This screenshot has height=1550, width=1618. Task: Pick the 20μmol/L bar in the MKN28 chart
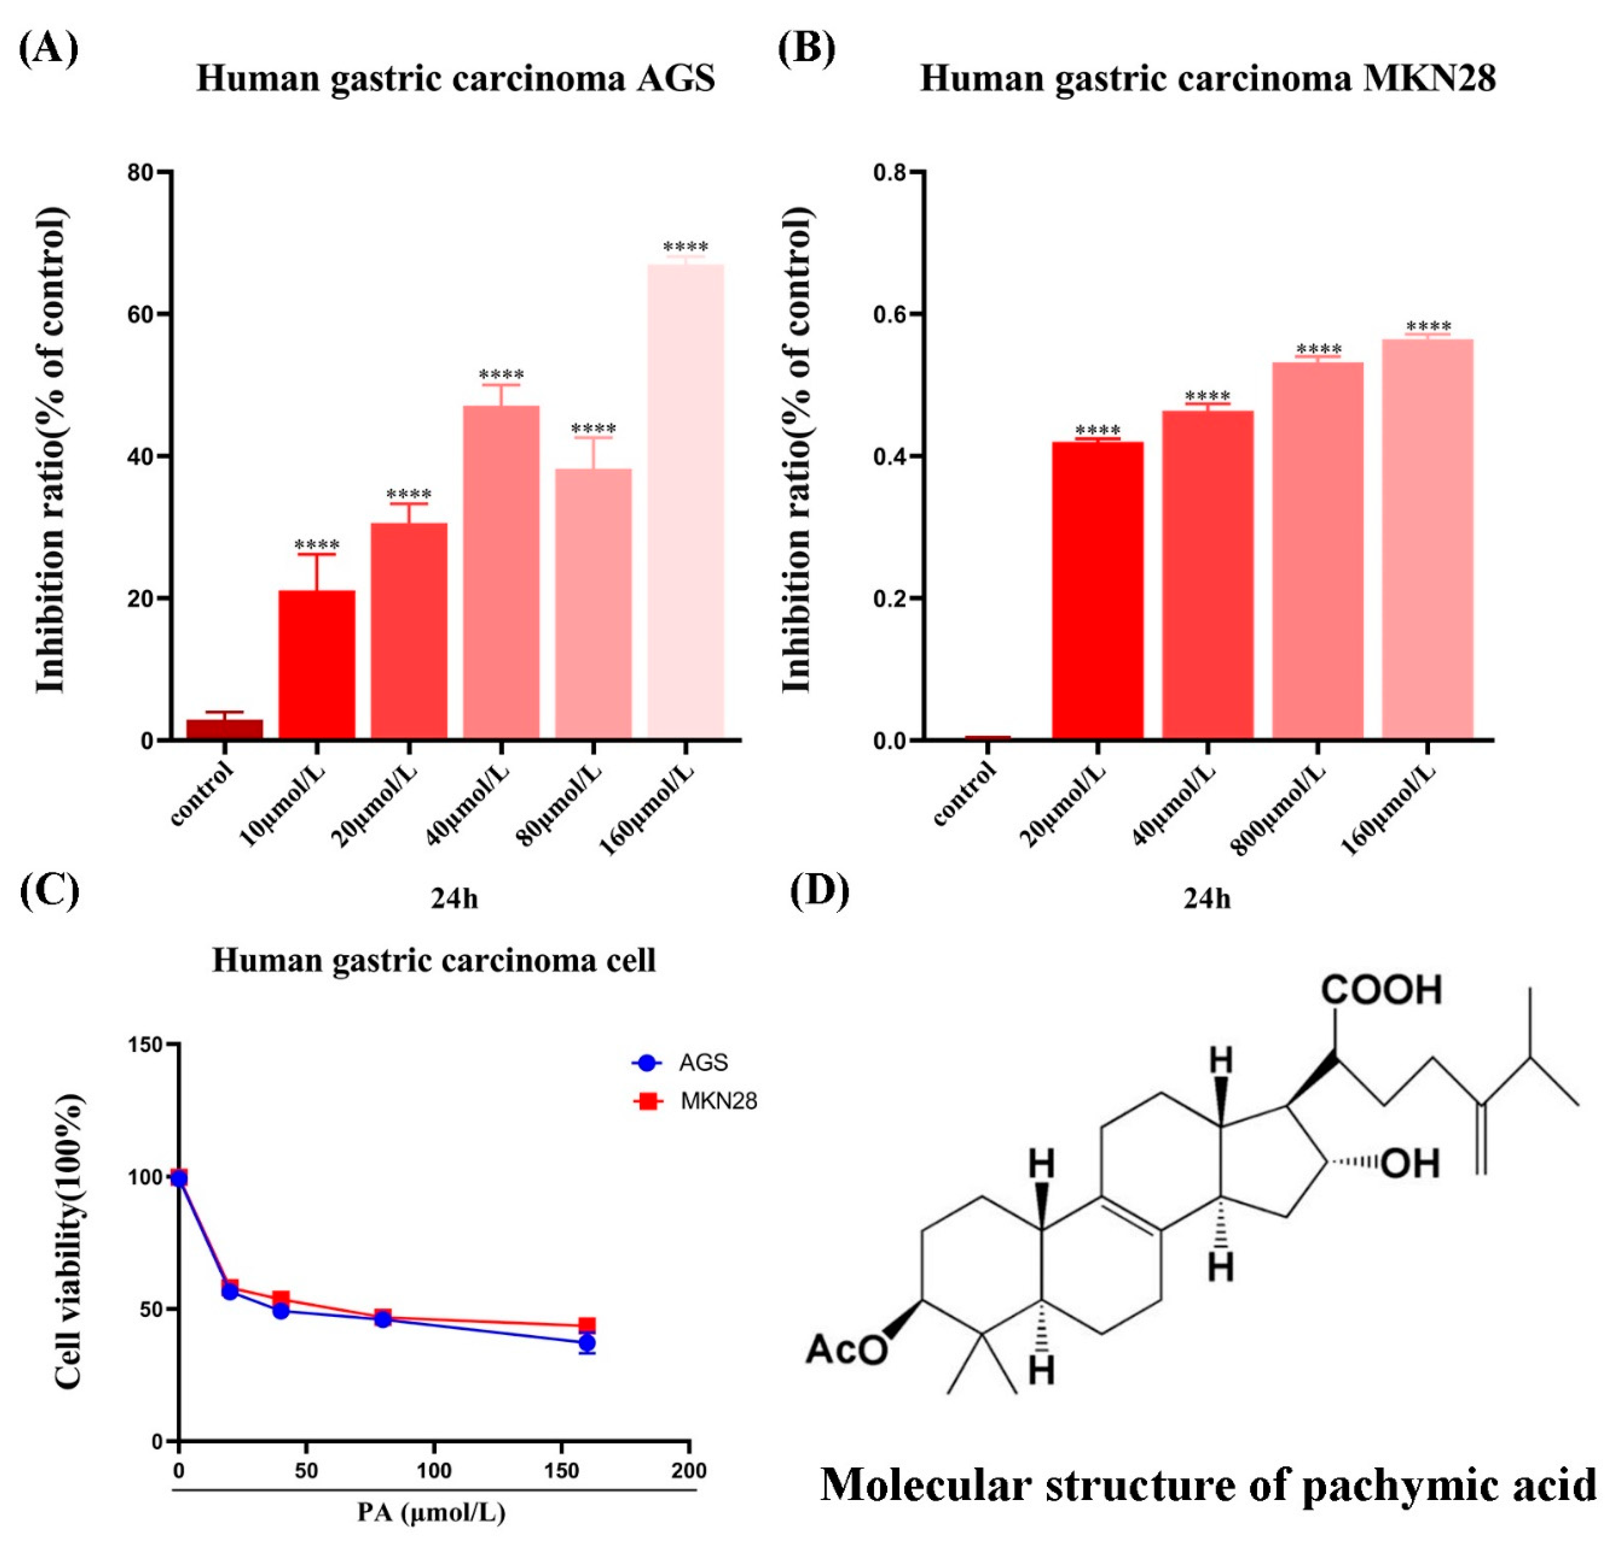tap(1097, 590)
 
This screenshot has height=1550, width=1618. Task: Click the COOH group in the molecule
tap(1381, 990)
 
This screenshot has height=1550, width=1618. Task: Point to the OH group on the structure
tap(1410, 1164)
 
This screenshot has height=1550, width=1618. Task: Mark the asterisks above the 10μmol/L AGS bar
tap(317, 545)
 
